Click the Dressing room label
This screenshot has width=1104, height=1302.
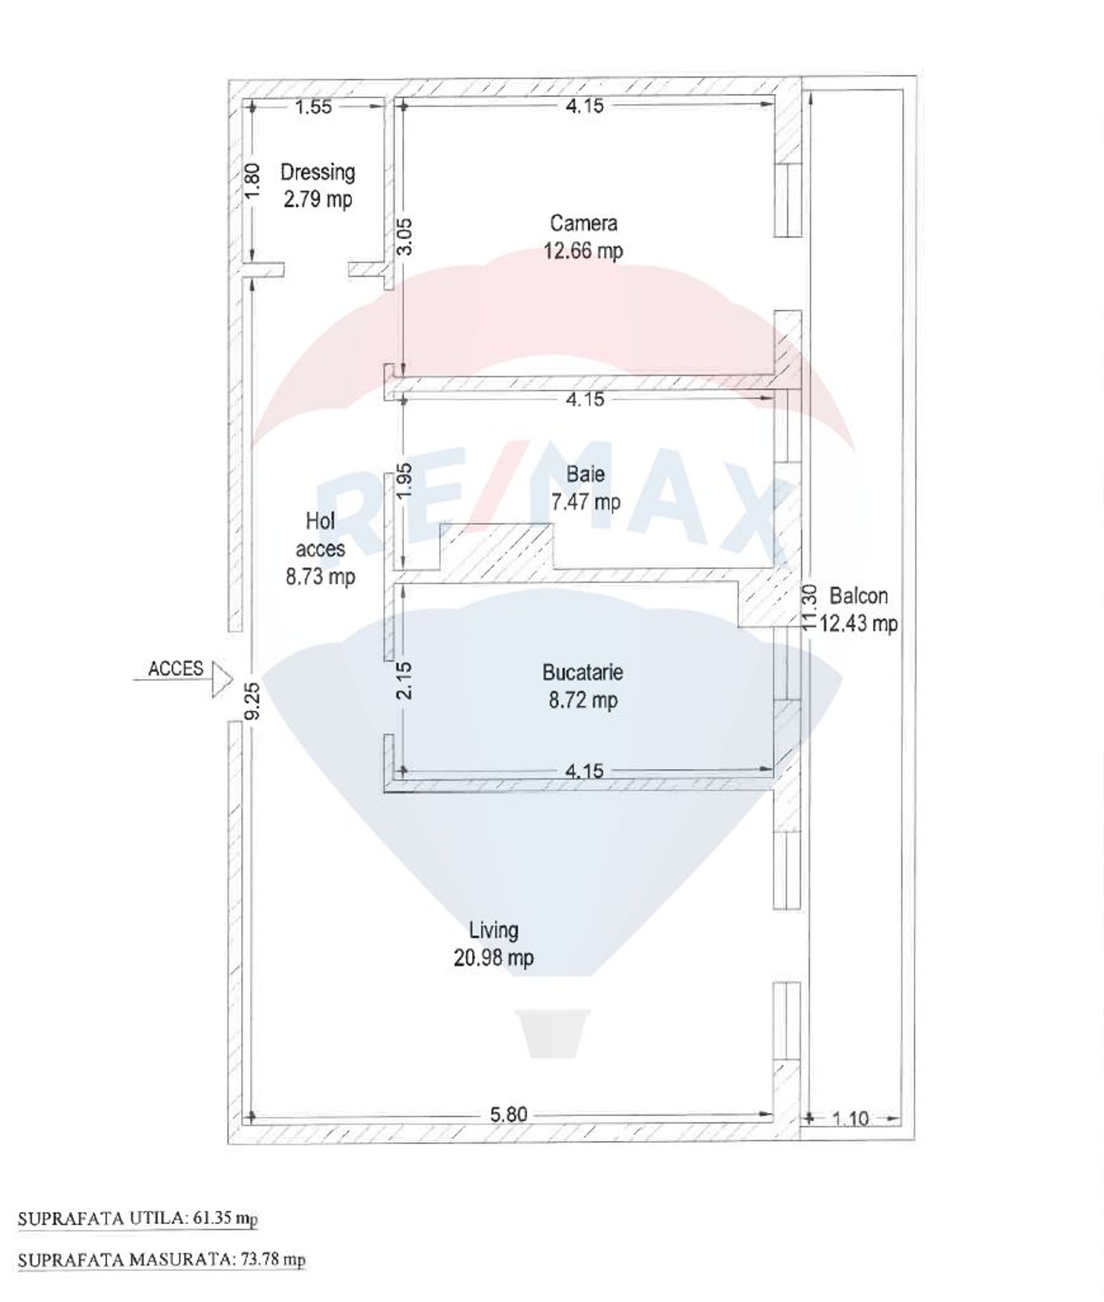point(318,172)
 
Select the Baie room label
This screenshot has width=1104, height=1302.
point(586,474)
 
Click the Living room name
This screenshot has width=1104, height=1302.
point(494,931)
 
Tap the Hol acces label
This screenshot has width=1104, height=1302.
point(320,535)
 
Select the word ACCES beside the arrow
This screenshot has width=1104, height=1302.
point(176,668)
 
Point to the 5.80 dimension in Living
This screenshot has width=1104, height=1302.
point(508,1115)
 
